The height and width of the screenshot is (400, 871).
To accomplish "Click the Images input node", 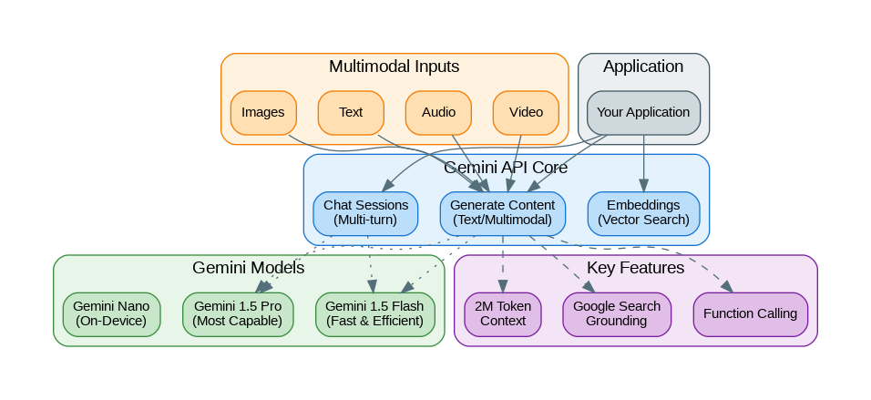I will [x=263, y=112].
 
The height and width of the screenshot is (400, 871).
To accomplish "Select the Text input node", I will [x=351, y=112].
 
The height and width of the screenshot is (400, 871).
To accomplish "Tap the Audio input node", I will [x=438, y=112].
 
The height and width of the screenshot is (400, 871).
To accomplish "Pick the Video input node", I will [x=526, y=112].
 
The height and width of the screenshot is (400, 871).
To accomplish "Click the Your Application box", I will [x=643, y=112].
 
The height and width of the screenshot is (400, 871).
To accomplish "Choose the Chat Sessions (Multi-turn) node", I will [x=365, y=212].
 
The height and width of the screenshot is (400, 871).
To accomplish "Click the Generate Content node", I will [x=503, y=212].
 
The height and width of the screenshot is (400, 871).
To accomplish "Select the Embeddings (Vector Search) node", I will [x=644, y=212].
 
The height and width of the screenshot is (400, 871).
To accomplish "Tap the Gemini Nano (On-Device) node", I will [x=111, y=313].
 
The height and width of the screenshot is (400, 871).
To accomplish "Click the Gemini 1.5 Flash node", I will [x=374, y=313].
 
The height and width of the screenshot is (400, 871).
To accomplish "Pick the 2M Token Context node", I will [x=503, y=313].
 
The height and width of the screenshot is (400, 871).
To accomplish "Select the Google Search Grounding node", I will [x=617, y=313].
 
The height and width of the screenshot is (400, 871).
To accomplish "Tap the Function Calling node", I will [x=751, y=313].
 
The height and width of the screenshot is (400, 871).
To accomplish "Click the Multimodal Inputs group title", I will [x=394, y=67].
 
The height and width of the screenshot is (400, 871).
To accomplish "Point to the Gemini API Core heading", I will [x=506, y=168].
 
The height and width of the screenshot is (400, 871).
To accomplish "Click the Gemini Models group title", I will [x=248, y=268].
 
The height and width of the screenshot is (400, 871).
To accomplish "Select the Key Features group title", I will [x=635, y=268].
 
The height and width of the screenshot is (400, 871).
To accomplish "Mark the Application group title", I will [x=643, y=67].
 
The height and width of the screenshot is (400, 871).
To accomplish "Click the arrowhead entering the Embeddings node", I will [x=644, y=186].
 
